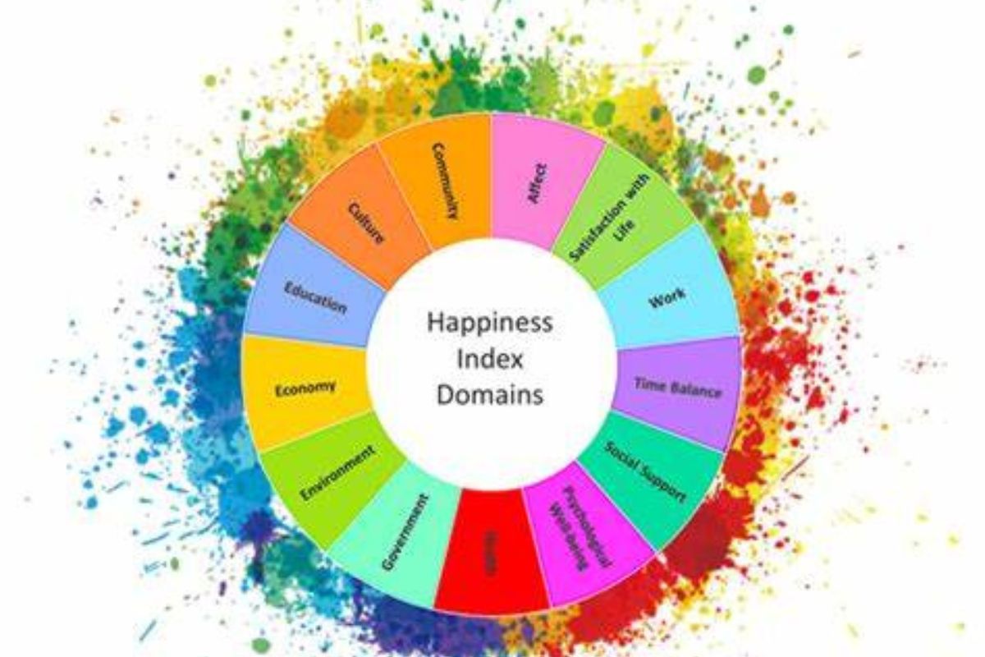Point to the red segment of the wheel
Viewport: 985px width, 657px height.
coord(491,554)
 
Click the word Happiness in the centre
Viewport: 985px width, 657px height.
coord(489,322)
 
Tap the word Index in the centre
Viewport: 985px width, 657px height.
coord(491,359)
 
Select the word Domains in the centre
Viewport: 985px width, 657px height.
coord(490,394)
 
